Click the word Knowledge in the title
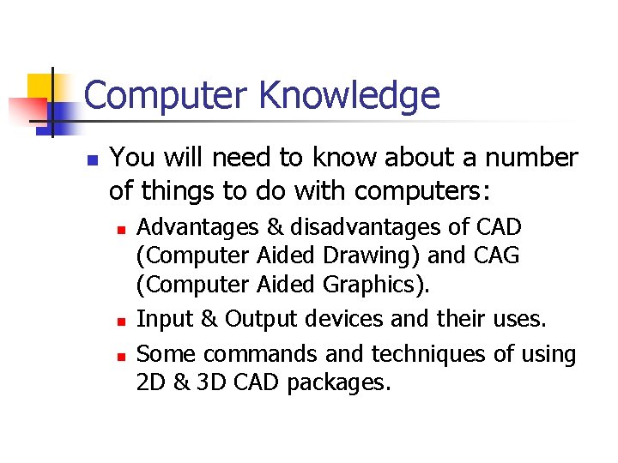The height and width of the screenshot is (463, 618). point(349,96)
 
